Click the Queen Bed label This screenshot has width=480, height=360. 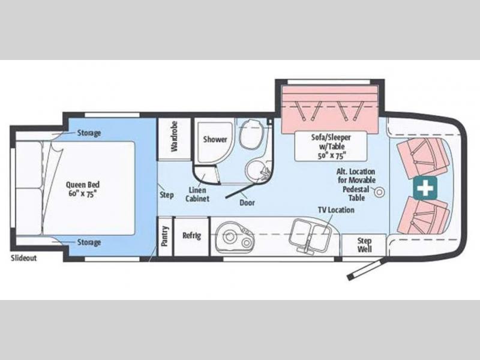pos(83,189)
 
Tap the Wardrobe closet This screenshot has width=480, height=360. pos(173,139)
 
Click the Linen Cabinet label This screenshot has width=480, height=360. pos(197,194)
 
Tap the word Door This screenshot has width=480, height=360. pos(247,202)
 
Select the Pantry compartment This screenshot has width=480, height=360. pos(164,236)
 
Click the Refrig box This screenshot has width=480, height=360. pos(192,236)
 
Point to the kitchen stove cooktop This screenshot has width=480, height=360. pos(236,238)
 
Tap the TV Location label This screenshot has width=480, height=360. pos(336,210)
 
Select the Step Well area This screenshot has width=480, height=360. pos(364,245)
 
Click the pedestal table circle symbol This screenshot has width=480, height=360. pos(380,192)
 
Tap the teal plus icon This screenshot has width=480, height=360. pos(425,187)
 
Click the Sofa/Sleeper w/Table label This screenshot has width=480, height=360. pos(331,146)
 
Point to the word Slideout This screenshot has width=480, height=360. pos(23,258)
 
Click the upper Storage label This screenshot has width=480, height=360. pos(89,133)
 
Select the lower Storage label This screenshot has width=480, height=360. pos(89,242)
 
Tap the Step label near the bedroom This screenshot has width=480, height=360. pos(167,195)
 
